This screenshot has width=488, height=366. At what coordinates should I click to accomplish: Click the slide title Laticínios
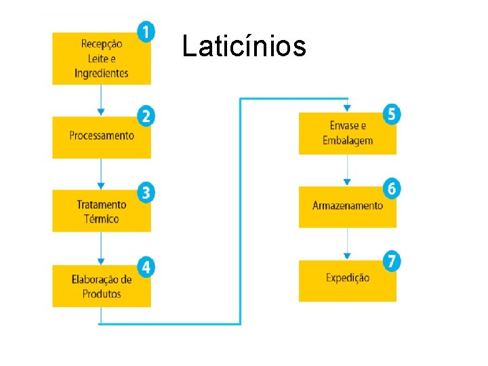coord(244,47)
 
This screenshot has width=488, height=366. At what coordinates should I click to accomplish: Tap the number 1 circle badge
coord(145,31)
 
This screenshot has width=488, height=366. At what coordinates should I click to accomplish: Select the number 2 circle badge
coord(145,116)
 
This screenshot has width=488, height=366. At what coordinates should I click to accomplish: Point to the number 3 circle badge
coord(145,192)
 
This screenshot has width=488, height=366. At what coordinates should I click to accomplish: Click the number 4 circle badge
coord(145,266)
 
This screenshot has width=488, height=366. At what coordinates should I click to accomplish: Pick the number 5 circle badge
coord(390,114)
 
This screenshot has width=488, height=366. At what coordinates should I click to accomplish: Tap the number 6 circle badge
coord(390,188)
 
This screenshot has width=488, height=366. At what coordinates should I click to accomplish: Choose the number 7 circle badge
coord(390,261)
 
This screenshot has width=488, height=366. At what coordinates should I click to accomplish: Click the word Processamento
coord(102,136)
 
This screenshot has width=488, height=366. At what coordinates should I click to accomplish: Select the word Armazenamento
coord(348,205)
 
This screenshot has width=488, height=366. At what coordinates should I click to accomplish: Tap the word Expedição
coord(348,278)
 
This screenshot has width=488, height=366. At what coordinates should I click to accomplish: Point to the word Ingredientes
coord(102,73)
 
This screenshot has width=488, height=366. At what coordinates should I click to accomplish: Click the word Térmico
coord(102,219)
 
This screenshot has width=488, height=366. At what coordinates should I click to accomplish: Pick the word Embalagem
coord(348,140)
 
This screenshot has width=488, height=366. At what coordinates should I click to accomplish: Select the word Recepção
coord(102,44)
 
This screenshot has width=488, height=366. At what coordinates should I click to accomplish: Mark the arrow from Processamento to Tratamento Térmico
coord(101,174)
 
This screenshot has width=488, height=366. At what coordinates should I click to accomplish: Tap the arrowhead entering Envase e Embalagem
coord(348,108)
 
